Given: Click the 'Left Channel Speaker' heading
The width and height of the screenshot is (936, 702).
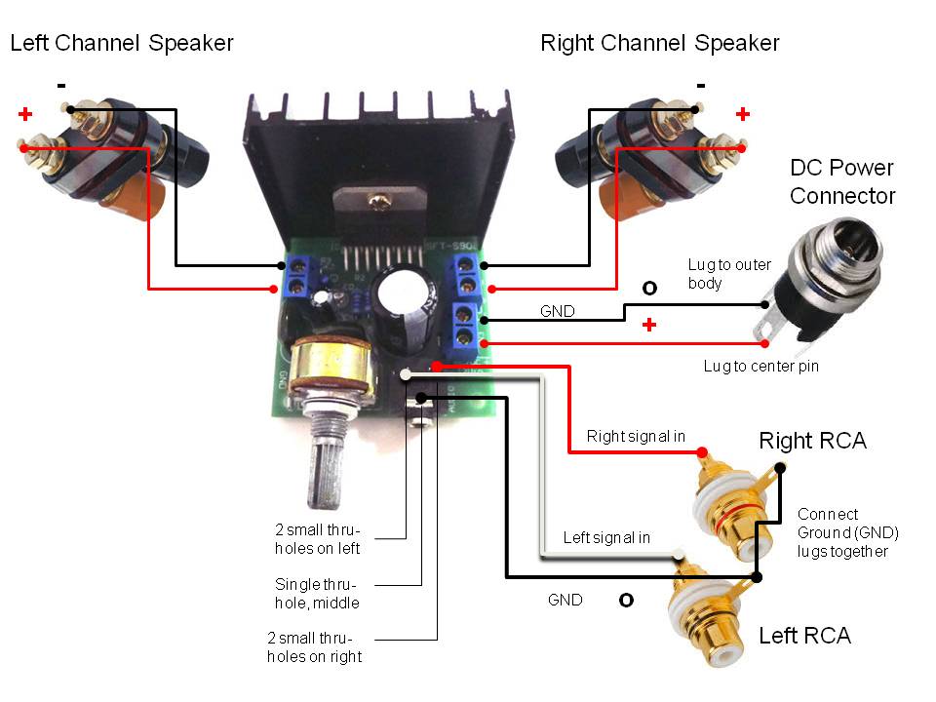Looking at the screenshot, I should tap(122, 43).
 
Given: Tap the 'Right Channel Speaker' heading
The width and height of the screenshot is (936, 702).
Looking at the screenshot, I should tap(660, 43).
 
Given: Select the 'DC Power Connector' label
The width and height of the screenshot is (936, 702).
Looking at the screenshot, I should tap(842, 181).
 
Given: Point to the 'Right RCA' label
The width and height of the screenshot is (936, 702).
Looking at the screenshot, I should tap(812, 441).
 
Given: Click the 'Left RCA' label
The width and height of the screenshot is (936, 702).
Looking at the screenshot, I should tap(804, 636).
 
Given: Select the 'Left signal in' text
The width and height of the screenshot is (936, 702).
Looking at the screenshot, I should tap(606, 538).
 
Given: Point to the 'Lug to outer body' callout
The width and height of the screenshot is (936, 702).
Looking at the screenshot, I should tap(729, 274).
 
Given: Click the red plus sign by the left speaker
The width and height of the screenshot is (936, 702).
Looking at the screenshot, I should tap(24, 115).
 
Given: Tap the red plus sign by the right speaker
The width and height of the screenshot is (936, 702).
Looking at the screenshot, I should tap(743, 114).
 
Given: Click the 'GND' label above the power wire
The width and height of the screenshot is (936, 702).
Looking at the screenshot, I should tap(558, 312).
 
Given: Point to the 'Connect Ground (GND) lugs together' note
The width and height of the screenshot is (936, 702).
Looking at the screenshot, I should tap(846, 532).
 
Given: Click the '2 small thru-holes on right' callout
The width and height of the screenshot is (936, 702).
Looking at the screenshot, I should tap(316, 646).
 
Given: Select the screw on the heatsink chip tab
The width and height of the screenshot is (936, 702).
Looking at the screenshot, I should tap(376, 203).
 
